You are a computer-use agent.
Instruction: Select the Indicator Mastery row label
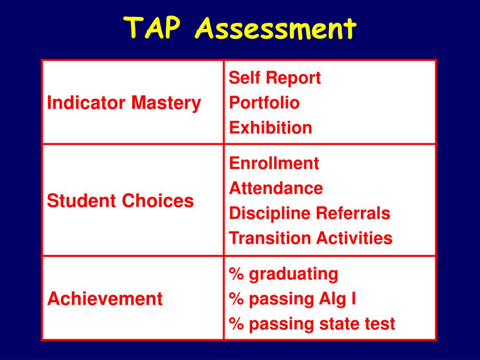pos(124,103)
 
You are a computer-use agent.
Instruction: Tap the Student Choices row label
pos(120,201)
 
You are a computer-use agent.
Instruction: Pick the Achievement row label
pos(105,299)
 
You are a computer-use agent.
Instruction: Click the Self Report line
pos(275,78)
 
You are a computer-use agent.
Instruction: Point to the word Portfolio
pos(264,103)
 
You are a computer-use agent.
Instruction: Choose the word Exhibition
pos(270,127)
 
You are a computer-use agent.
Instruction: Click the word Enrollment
pos(274,163)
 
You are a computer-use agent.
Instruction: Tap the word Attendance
pos(276,188)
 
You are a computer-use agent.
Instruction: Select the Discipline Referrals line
pos(309,213)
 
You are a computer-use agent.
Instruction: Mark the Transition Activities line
pos(310,238)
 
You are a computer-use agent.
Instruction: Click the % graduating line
pos(284,274)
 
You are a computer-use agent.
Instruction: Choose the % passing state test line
pos(312,323)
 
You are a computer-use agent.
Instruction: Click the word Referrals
pos(353,213)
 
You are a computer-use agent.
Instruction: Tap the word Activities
pos(354,238)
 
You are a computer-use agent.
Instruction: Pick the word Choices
pos(158,201)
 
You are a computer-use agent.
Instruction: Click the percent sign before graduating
pos(236,274)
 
